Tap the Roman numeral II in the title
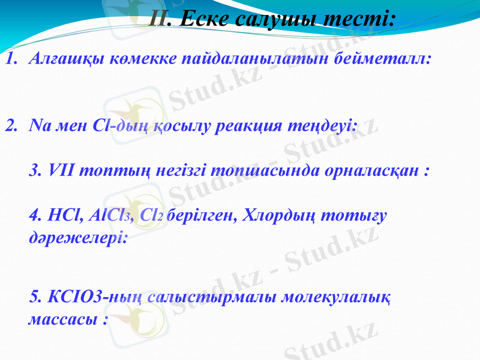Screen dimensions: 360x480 coord(158,20)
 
